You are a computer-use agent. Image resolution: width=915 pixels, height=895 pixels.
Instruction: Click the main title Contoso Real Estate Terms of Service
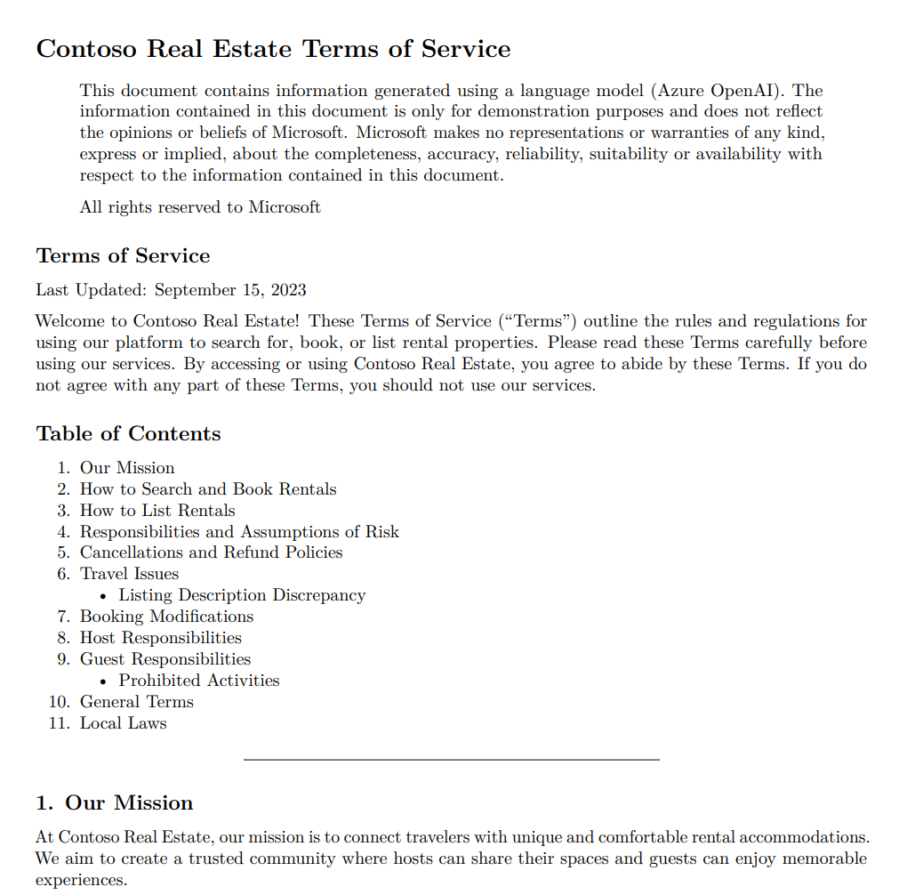[x=273, y=49]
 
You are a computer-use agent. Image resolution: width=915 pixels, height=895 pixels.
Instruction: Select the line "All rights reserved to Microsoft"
[x=200, y=207]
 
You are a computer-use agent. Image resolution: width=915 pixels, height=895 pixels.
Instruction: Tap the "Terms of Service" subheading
[x=123, y=256]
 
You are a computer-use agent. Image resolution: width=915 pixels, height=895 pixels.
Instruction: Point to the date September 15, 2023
[x=230, y=290]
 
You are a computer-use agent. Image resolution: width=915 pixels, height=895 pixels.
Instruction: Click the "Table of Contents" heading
[x=128, y=434]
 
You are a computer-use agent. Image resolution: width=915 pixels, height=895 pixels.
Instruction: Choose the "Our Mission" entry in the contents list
[x=127, y=468]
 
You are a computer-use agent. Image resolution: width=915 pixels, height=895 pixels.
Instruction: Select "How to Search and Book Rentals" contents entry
[x=208, y=489]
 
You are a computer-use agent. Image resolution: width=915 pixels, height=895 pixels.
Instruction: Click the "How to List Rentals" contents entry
[x=157, y=511]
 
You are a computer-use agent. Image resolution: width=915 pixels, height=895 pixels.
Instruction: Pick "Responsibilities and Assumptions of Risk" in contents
[x=239, y=532]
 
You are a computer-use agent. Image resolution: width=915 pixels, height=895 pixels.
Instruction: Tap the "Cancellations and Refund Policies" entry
[x=211, y=552]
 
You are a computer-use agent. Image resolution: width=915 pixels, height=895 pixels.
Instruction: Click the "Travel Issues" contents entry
[x=129, y=574]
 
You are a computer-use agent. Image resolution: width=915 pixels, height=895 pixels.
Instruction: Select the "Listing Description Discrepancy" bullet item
[x=242, y=595]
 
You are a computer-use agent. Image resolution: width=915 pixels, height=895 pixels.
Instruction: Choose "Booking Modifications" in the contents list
[x=166, y=617]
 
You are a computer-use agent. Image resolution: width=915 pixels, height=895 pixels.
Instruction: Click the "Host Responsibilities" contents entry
[x=160, y=638]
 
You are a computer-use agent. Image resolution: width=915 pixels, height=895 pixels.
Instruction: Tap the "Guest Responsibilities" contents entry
[x=165, y=659]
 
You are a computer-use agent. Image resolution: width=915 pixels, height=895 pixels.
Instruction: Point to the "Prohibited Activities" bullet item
[x=199, y=681]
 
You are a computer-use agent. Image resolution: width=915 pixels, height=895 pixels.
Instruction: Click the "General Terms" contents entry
[x=136, y=702]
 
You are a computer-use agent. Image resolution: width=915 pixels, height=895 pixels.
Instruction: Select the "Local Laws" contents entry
[x=123, y=723]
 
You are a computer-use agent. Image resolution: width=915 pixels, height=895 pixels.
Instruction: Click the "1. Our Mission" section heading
[x=114, y=803]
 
